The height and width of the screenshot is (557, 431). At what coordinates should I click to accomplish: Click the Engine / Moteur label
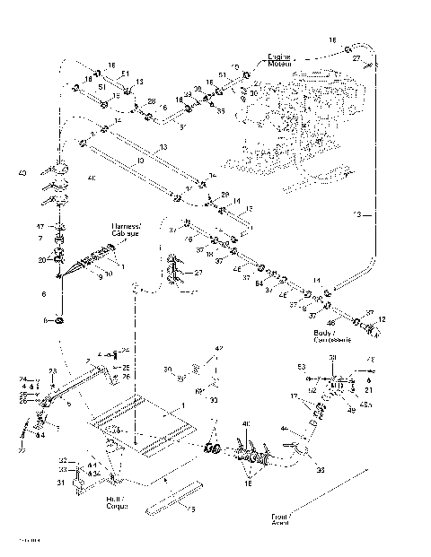pyautogui.click(x=281, y=61)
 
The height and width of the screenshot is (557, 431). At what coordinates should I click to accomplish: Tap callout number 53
pyautogui.click(x=302, y=367)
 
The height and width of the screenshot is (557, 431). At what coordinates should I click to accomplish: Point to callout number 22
pyautogui.click(x=22, y=451)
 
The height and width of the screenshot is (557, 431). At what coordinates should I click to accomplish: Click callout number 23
pyautogui.click(x=52, y=370)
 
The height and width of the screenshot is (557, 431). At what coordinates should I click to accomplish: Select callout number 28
pyautogui.click(x=151, y=100)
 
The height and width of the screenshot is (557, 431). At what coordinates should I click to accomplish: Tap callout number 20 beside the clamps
pyautogui.click(x=40, y=260)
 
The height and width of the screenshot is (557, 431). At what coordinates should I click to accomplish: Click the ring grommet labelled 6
pyautogui.click(x=58, y=320)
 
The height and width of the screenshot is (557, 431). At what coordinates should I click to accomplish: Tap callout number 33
pyautogui.click(x=63, y=470)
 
